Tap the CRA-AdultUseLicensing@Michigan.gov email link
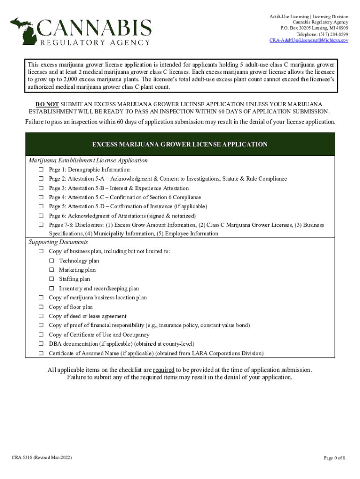coord(309,41)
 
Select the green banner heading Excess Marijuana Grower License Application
coord(180,145)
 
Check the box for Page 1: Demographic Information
coord(41,170)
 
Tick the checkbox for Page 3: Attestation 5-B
coord(41,188)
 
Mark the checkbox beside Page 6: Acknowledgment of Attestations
coord(41,216)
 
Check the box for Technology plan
coord(51,261)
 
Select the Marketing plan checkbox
coord(51,270)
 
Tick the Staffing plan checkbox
coord(51,279)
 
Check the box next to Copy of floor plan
coord(41,307)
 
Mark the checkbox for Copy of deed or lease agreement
coord(41,316)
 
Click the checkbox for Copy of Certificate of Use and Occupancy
coord(41,335)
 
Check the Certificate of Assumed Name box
coord(41,353)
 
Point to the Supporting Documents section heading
coord(58,242)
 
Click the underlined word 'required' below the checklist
coord(164,370)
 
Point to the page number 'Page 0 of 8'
coord(334,457)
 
